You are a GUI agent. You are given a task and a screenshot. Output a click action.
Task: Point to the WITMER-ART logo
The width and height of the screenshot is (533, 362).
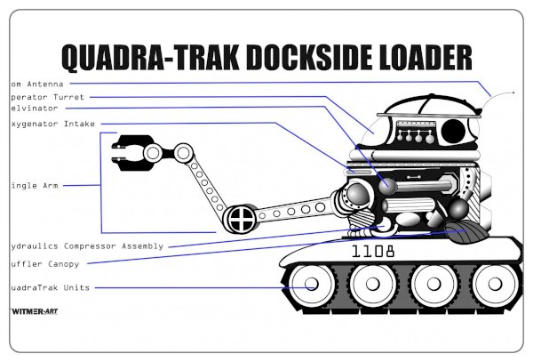34,312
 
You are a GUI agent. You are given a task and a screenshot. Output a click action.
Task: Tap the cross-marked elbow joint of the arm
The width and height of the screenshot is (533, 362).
240,218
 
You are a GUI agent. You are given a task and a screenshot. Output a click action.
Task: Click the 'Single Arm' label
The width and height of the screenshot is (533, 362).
34,186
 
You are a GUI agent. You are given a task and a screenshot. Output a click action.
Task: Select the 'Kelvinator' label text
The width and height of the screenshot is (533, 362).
35,108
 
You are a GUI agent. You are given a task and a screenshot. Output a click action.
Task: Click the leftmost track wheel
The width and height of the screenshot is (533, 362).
313,286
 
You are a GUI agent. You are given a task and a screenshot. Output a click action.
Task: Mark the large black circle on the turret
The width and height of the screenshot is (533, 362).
454,133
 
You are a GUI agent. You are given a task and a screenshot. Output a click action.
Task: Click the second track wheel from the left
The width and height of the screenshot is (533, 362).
374,286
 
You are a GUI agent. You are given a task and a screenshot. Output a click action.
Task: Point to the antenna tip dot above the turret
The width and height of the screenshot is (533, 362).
513,91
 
